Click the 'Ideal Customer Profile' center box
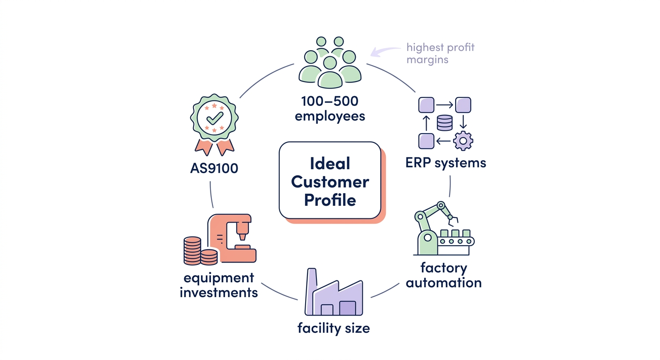click(x=330, y=180)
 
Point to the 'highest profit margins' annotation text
click(x=440, y=53)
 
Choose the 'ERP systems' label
click(x=445, y=163)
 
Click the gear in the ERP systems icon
click(x=463, y=140)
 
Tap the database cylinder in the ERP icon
click(x=444, y=123)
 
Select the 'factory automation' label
click(x=443, y=276)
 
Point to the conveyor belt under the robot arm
click(x=455, y=241)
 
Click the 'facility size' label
click(x=333, y=328)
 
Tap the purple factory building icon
click(x=333, y=294)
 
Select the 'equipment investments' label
click(x=219, y=285)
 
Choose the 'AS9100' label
click(x=214, y=168)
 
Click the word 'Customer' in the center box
click(x=330, y=181)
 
